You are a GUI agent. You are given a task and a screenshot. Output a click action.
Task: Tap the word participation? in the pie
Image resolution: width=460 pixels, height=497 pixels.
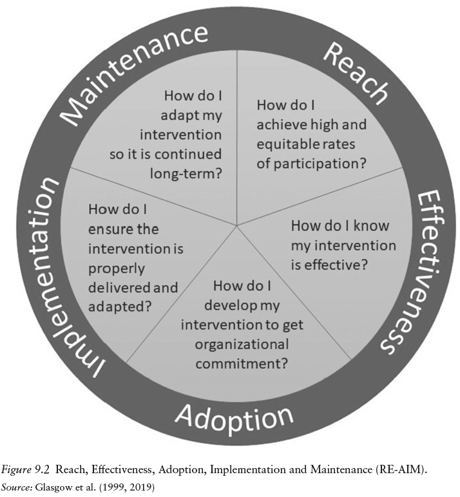321,162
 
